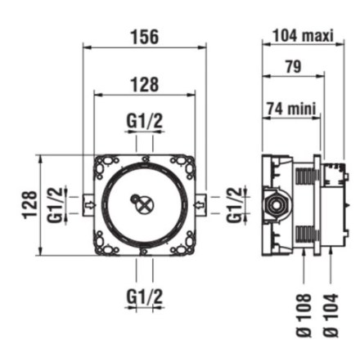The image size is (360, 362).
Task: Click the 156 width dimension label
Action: [x=145, y=37]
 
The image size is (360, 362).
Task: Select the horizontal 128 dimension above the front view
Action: [x=145, y=84]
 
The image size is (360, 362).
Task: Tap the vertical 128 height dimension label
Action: [x=29, y=205]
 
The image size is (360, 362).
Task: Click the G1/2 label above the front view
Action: [x=145, y=121]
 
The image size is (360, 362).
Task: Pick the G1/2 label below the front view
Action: [x=145, y=297]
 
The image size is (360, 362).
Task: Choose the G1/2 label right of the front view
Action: [x=235, y=205]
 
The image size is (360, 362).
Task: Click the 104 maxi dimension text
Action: [x=303, y=36]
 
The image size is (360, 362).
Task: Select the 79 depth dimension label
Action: [x=294, y=66]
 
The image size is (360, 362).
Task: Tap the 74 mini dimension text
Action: [x=291, y=109]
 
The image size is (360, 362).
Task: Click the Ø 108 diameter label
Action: [x=304, y=315]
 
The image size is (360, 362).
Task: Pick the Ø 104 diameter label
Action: [x=331, y=315]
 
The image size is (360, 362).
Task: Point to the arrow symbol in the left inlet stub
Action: [x=90, y=204]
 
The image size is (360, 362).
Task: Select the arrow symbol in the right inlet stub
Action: [x=199, y=204]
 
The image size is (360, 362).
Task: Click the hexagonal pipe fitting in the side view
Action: [x=275, y=205]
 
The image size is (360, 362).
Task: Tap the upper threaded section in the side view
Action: [x=305, y=175]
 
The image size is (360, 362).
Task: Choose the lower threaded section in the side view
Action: [x=305, y=235]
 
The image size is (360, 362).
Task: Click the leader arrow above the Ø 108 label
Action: [x=304, y=267]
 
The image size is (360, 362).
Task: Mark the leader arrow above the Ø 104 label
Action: [x=331, y=267]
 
